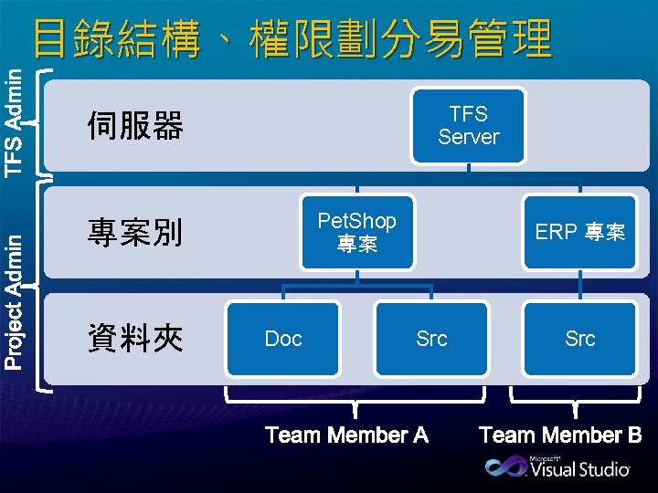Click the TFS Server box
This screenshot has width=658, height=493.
(469, 126)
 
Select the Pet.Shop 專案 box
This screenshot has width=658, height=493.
(356, 233)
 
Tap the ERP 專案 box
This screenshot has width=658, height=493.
(579, 233)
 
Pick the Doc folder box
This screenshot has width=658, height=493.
(283, 339)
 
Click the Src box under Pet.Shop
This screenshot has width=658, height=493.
(431, 339)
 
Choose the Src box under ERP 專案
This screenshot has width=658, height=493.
(579, 339)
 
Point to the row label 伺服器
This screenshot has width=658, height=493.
(135, 126)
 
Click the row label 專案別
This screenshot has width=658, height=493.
(135, 233)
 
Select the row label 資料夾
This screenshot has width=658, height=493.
(135, 340)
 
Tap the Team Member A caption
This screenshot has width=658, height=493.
(346, 435)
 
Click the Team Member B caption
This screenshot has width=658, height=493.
(560, 435)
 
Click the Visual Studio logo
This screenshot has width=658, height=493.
(557, 467)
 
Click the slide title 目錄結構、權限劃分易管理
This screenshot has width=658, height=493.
(292, 39)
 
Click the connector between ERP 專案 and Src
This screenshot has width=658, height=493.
(579, 286)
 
